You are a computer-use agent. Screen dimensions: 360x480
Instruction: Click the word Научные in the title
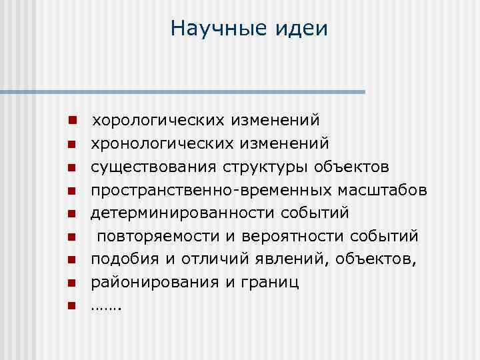pyautogui.click(x=213, y=29)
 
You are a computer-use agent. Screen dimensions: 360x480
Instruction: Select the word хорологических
pyautogui.click(x=158, y=121)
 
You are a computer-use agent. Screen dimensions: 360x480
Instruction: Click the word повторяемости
pyautogui.click(x=149, y=236)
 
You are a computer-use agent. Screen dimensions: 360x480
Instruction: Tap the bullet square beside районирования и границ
pyautogui.click(x=70, y=283)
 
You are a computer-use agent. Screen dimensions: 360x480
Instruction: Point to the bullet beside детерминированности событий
pyautogui.click(x=70, y=213)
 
